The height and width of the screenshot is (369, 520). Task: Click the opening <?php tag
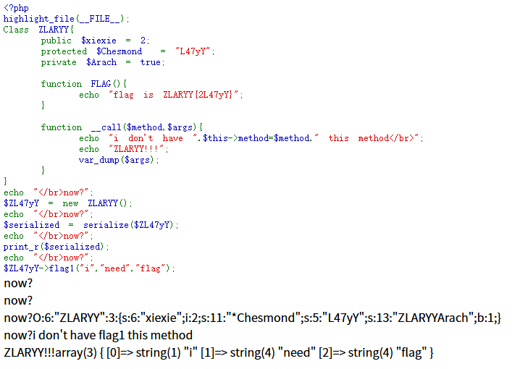[x=16, y=8]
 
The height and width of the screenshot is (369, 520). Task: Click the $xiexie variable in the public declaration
[x=98, y=41]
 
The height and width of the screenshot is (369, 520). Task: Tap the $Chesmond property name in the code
[x=119, y=51]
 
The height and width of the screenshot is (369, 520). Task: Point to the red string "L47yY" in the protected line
[x=193, y=51]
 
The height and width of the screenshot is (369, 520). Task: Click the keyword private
[x=59, y=63]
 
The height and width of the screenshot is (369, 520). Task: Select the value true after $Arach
[x=150, y=63]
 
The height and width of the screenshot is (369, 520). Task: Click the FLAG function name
[x=101, y=84]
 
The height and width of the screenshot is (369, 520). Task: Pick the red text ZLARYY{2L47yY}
[x=198, y=95]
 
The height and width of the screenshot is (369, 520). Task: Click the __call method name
[x=106, y=127]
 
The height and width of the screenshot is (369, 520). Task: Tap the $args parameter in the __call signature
[x=180, y=127]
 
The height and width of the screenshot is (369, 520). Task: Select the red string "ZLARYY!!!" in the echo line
[x=136, y=149]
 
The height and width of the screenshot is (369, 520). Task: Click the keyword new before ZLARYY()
[x=70, y=204]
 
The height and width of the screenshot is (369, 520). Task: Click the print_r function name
[x=21, y=247]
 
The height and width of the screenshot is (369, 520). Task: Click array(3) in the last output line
[x=76, y=353]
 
